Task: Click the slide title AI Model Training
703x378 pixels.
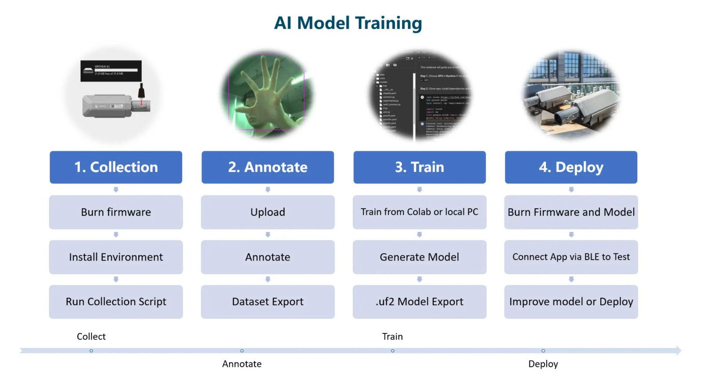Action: click(348, 23)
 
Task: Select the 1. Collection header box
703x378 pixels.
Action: click(116, 167)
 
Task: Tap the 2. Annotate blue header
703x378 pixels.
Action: click(268, 167)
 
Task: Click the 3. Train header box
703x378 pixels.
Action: click(420, 167)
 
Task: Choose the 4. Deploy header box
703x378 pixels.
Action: click(571, 167)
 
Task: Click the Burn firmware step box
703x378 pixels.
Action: click(116, 212)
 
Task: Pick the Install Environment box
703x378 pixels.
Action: click(116, 257)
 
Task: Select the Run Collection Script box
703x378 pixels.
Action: click(116, 302)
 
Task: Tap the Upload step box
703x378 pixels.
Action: click(268, 212)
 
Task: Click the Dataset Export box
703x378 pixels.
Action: click(268, 302)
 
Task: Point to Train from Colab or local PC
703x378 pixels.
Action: click(420, 212)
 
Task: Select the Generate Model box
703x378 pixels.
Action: click(420, 257)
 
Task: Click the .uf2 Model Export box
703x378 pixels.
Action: click(420, 302)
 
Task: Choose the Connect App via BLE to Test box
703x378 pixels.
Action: click(571, 257)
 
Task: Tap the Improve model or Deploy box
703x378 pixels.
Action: click(571, 302)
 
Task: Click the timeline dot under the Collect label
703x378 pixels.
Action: click(91, 351)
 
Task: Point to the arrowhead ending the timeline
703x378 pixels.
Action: click(678, 350)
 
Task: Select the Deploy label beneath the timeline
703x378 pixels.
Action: click(543, 364)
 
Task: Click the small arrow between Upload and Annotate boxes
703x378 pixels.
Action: click(268, 235)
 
